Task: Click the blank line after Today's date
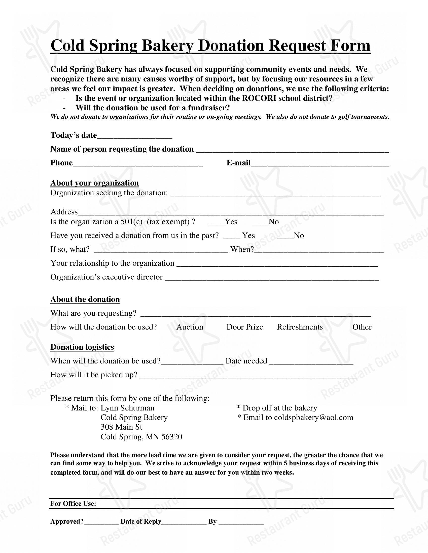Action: point(134,137)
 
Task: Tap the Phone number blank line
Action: point(137,164)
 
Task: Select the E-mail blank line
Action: point(320,164)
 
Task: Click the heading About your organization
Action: point(94,183)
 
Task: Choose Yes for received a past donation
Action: point(231,237)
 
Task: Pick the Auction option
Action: point(190,327)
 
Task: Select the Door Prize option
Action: point(245,327)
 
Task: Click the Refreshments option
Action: point(300,327)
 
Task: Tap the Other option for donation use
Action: point(362,327)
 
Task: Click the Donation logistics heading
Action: point(82,347)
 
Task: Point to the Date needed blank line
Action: point(311,362)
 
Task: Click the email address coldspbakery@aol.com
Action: point(313,418)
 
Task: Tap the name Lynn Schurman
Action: point(127,408)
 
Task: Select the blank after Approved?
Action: point(101,523)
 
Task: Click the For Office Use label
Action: point(73,503)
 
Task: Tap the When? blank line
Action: point(319,251)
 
